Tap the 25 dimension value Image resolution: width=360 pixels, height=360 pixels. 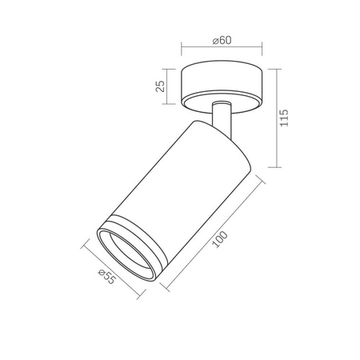coord(160,86)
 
